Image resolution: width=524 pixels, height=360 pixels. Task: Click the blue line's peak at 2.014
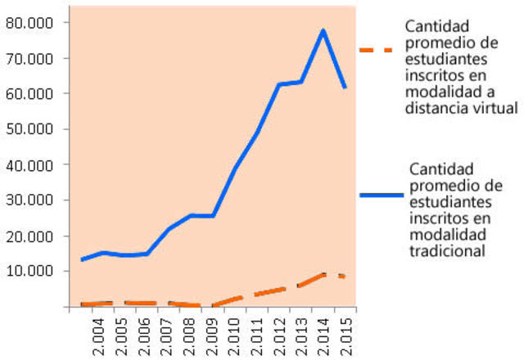323,30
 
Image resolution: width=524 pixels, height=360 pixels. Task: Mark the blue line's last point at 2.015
345,87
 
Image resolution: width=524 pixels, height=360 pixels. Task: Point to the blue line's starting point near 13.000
82,259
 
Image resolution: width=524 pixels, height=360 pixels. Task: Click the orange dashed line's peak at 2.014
323,274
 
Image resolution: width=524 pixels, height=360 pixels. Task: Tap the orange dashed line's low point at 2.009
212,306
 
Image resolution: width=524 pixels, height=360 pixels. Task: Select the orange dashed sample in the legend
377,50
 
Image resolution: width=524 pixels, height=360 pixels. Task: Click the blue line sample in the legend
382,196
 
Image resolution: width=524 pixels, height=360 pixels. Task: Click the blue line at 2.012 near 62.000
278,84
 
